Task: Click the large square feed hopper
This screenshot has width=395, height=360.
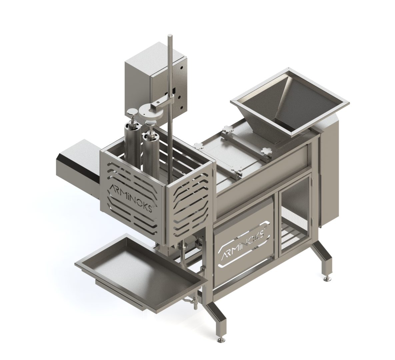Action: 290,101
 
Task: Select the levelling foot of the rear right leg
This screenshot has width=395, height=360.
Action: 327,278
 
